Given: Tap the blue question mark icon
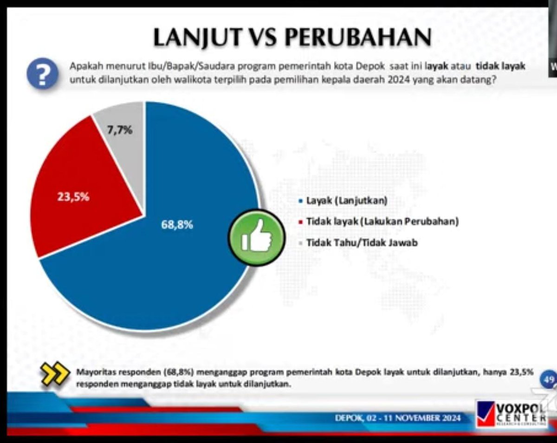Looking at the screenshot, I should click(x=43, y=74).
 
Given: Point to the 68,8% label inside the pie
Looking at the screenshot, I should click(x=177, y=224).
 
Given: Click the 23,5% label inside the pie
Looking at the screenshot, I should click(x=73, y=196).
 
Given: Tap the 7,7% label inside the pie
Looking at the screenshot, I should click(x=120, y=130).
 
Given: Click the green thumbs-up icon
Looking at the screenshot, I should click(x=256, y=237).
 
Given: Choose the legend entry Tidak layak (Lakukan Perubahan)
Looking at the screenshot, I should click(x=382, y=221).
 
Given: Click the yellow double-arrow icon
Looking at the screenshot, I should click(x=55, y=374).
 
